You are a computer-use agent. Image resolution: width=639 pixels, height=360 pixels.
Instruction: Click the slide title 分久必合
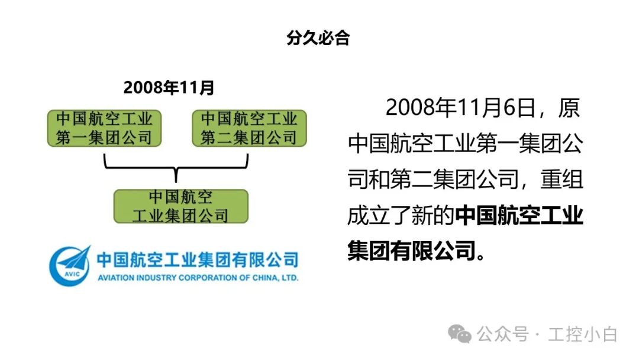318,38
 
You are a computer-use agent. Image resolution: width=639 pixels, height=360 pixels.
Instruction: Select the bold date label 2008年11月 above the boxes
169,88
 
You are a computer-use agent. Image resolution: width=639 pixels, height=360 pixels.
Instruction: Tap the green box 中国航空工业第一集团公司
105,128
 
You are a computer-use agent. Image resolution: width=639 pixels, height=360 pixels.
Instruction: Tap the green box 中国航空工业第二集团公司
249,128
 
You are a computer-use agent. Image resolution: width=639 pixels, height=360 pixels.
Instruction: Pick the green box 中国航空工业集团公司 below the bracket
180,206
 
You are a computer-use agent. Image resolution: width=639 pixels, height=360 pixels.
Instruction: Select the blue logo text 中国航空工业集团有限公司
198,259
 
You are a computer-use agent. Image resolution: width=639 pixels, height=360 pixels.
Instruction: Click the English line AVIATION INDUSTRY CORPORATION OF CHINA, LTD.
197,278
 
